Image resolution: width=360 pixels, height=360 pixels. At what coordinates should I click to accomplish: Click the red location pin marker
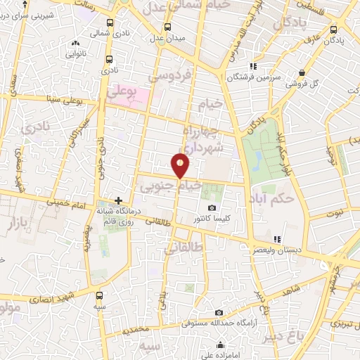tap(181, 165)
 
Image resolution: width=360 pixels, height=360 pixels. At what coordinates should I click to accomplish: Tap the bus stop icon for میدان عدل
tap(167, 27)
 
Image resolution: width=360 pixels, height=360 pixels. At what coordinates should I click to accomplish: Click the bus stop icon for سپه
tap(99, 295)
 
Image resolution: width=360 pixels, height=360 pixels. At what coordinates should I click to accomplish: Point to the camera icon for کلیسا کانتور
tap(212, 208)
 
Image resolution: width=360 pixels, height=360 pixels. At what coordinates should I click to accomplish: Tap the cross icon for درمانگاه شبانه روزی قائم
tap(119, 201)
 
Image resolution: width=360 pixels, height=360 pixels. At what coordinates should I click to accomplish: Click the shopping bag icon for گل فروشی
tap(302, 72)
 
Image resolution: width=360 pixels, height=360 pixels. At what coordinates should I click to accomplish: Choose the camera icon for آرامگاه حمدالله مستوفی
tap(219, 313)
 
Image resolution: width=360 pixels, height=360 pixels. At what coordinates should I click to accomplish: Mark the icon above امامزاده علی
tap(221, 345)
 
